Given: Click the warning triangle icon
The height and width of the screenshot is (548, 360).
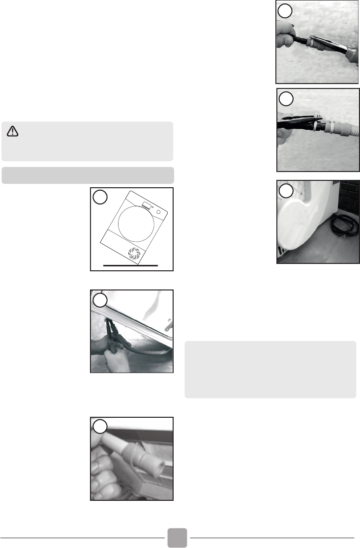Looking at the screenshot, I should [13, 131].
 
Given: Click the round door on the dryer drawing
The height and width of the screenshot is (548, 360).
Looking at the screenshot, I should [131, 222].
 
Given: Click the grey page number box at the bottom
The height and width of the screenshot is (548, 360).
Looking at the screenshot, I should [177, 538].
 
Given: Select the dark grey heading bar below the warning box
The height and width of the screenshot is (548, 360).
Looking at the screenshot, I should [88, 175].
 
